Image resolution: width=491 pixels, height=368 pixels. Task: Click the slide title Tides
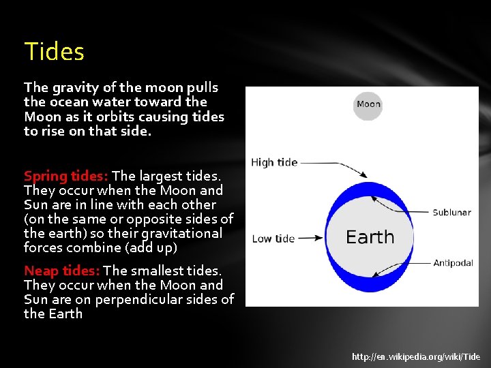(x=54, y=52)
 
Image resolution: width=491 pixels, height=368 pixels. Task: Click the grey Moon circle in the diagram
(x=368, y=104)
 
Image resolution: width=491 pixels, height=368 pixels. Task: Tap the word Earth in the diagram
(x=370, y=237)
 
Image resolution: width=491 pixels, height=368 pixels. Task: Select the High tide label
(x=274, y=162)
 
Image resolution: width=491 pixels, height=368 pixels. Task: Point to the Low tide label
(x=273, y=239)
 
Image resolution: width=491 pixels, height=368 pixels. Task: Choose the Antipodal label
(x=453, y=262)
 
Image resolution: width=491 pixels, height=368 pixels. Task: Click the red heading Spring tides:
(x=66, y=176)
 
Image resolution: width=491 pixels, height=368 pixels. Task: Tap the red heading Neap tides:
(x=61, y=271)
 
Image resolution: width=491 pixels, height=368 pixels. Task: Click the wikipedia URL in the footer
(x=416, y=356)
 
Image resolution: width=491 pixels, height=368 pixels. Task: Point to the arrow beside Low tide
(x=310, y=239)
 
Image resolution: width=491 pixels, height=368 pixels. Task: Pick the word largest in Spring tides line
(x=164, y=176)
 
